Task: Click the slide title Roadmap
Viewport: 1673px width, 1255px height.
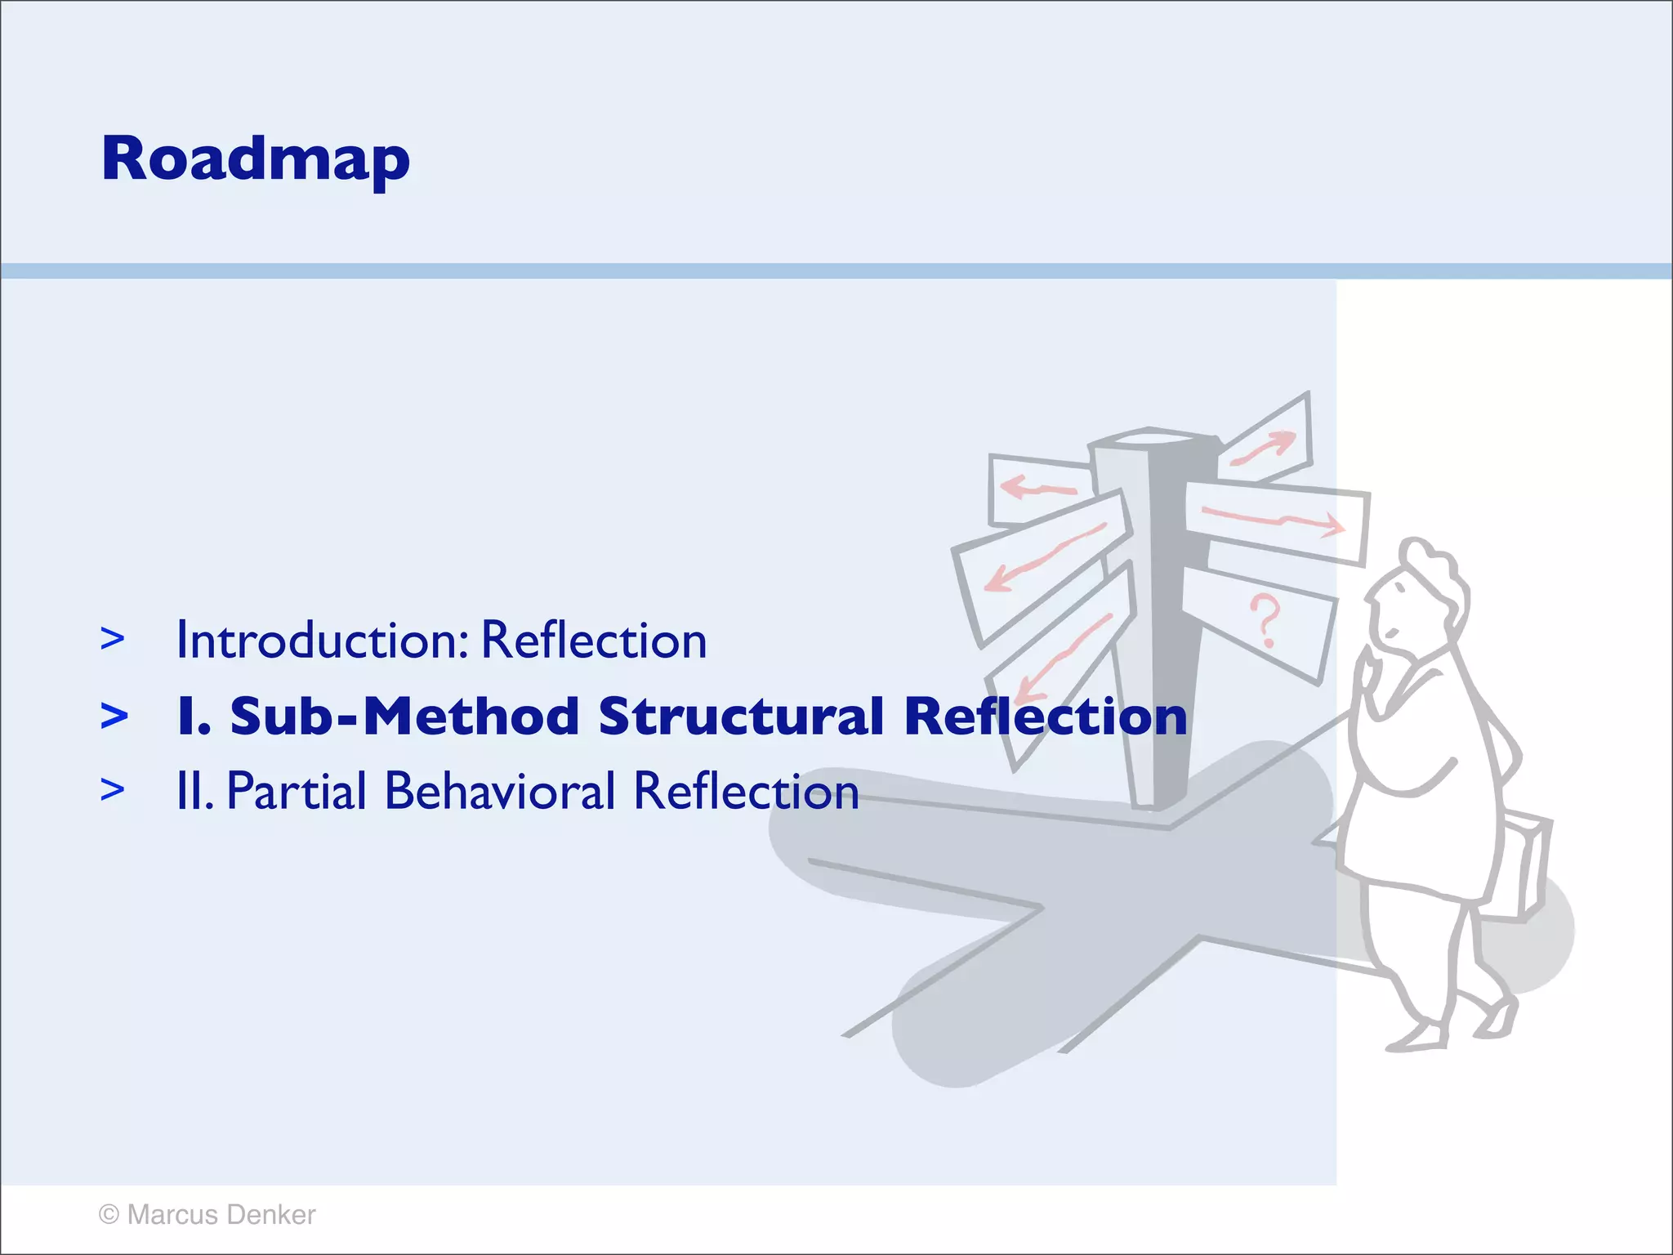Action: [255, 160]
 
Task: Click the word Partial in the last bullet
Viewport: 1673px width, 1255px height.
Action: [297, 791]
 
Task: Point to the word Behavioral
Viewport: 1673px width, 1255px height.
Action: [500, 791]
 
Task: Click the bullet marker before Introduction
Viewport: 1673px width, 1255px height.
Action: [113, 639]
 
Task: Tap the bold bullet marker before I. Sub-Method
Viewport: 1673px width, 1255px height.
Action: [114, 716]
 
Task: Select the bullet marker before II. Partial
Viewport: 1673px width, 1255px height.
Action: [113, 790]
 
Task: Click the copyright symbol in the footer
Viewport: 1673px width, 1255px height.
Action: [109, 1215]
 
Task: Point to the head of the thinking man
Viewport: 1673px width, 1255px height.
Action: [1417, 596]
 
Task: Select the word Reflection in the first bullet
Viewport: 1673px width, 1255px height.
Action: [594, 640]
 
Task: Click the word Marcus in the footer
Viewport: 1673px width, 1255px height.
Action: [172, 1215]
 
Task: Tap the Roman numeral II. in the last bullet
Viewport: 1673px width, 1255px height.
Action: [194, 791]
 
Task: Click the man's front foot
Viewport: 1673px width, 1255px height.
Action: [1417, 1038]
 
